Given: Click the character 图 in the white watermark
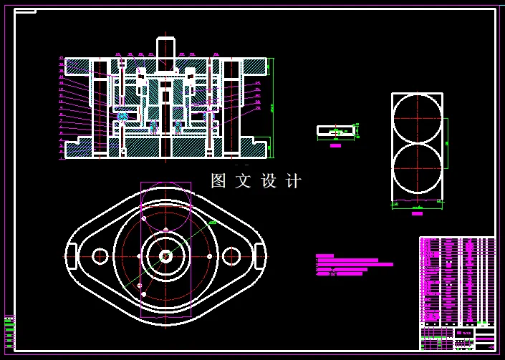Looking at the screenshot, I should (218, 181).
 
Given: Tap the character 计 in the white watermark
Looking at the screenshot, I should (294, 181).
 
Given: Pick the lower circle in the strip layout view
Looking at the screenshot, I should (417, 169).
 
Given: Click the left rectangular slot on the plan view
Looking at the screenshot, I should (72, 256).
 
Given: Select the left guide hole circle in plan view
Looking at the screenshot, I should (100, 256).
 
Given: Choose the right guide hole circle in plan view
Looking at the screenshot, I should (231, 256).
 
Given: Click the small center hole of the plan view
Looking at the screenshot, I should (165, 256).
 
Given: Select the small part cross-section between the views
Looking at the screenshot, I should (336, 130).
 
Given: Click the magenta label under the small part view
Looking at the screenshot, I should (335, 145).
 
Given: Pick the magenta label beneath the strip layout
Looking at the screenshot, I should (417, 213).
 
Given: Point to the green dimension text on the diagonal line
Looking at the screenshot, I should (212, 223).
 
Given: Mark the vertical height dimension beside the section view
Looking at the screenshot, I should (272, 107).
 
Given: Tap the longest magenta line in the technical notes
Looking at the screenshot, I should (355, 264).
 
